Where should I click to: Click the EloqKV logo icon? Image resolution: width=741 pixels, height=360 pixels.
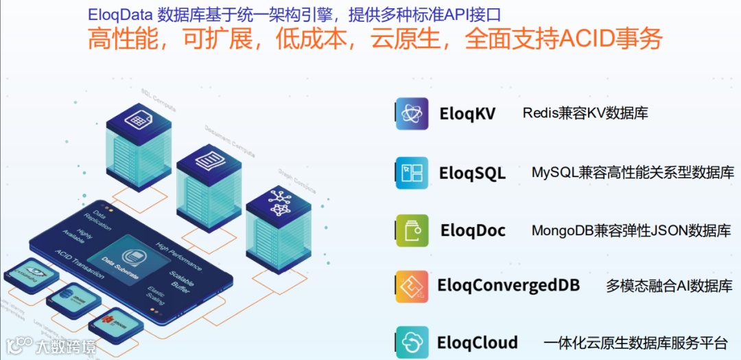pos(412,114)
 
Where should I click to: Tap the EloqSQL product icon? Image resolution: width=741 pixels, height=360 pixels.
pos(412,173)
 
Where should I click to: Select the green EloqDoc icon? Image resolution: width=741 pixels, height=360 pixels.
pos(412,230)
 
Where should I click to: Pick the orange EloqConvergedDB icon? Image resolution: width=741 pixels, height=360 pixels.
pos(412,287)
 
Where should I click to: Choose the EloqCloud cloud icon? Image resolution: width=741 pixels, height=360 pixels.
pos(412,342)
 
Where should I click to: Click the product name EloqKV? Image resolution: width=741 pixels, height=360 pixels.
pos(467,114)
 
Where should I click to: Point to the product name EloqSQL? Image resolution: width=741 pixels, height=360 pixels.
pos(472,173)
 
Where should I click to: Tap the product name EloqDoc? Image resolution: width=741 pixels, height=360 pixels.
pos(473,230)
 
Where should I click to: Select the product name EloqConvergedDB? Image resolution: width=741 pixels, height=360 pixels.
pos(508,285)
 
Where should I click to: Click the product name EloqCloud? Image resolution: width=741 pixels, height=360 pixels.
pos(478,342)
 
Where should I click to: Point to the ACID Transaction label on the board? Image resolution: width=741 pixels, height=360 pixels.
pos(80,265)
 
